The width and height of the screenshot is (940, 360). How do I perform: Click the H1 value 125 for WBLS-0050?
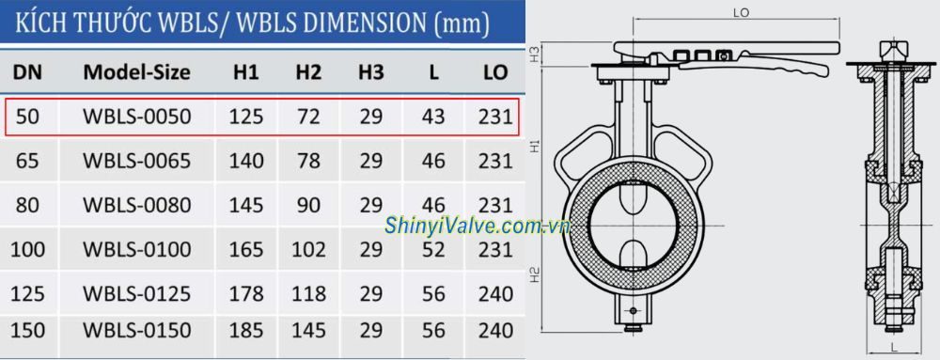[245, 117]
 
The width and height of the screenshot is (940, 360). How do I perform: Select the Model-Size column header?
[136, 72]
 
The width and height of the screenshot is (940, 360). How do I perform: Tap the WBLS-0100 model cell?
[136, 249]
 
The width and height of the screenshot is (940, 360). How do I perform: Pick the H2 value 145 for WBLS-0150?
[308, 331]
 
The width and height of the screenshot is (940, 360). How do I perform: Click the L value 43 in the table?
[433, 117]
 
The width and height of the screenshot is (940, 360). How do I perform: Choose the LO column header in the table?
[496, 72]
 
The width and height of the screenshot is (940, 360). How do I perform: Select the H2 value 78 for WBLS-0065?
[308, 161]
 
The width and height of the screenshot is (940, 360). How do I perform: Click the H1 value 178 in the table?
[245, 293]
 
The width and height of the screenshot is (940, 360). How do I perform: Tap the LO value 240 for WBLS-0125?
[496, 293]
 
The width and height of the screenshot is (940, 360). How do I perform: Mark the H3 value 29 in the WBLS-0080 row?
[371, 205]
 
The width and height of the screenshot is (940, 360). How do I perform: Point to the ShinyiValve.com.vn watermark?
[478, 227]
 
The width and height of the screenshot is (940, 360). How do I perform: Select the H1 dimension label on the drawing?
[534, 146]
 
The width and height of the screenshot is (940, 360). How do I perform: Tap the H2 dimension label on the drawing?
[534, 275]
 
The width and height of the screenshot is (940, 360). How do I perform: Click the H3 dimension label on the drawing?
[534, 54]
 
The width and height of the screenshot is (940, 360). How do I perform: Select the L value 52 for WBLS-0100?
[433, 249]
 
